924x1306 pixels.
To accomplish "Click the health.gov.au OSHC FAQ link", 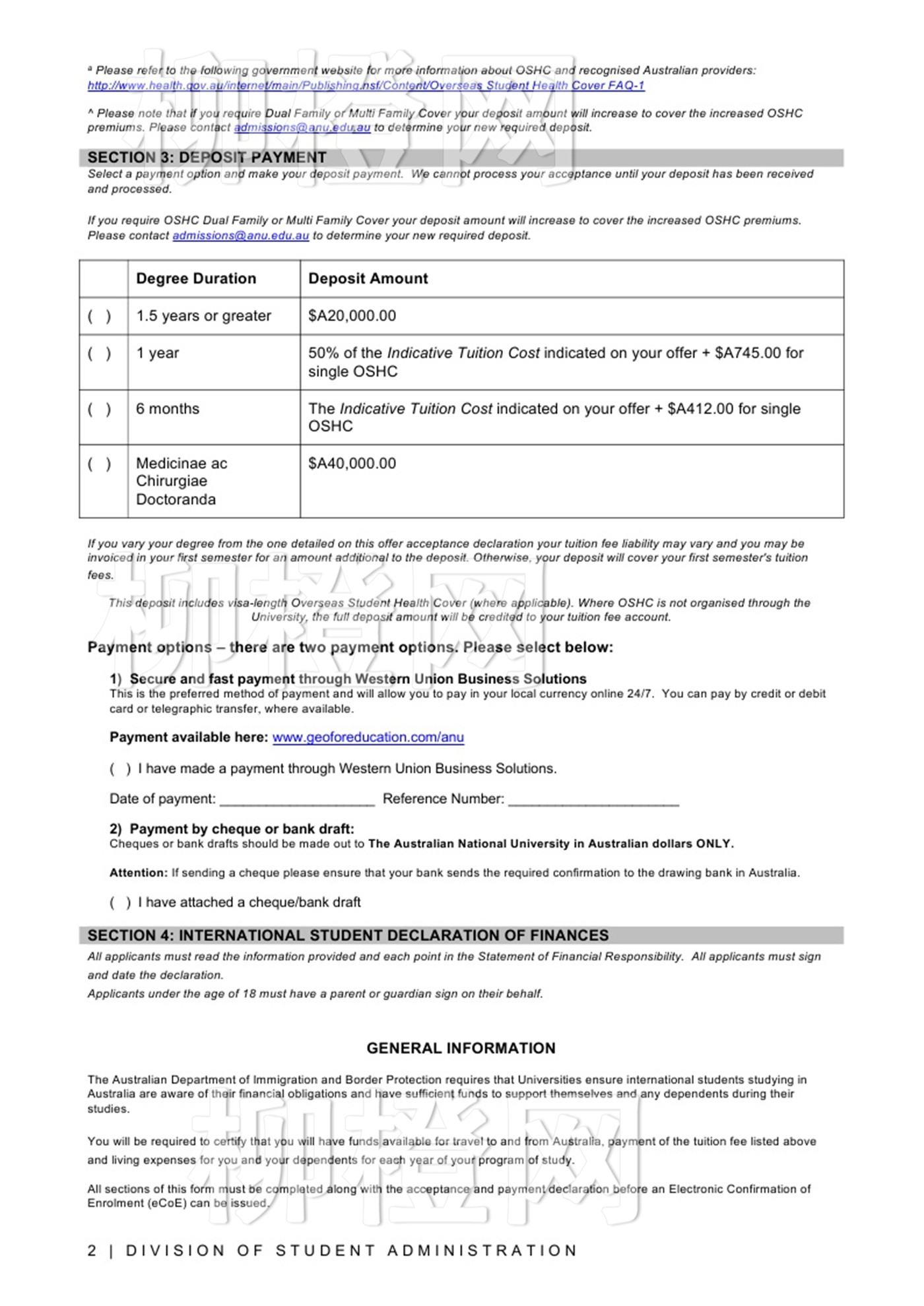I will [366, 85].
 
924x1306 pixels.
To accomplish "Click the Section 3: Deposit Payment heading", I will [207, 158].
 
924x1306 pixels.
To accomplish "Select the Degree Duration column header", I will [196, 278].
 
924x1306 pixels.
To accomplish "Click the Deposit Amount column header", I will [368, 278].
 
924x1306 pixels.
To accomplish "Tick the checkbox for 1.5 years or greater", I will [99, 316].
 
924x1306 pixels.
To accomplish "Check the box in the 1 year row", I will [99, 354].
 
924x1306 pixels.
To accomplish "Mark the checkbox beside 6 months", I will [99, 409].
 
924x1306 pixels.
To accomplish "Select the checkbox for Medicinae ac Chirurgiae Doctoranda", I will [99, 464].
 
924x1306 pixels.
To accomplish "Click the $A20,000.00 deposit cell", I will [352, 316].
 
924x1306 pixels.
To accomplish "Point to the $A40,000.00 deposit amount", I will [352, 464].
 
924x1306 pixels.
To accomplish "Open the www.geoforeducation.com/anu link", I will [368, 737].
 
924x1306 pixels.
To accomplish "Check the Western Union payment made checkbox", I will [120, 769].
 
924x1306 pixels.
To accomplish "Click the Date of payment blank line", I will [297, 799].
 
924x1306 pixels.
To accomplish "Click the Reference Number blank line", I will [593, 799].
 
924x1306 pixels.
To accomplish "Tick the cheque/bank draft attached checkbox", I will [120, 902].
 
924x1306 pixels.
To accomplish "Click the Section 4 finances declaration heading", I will [348, 935].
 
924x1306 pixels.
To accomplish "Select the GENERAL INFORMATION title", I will [461, 1048].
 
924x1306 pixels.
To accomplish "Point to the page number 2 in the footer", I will [92, 1251].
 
